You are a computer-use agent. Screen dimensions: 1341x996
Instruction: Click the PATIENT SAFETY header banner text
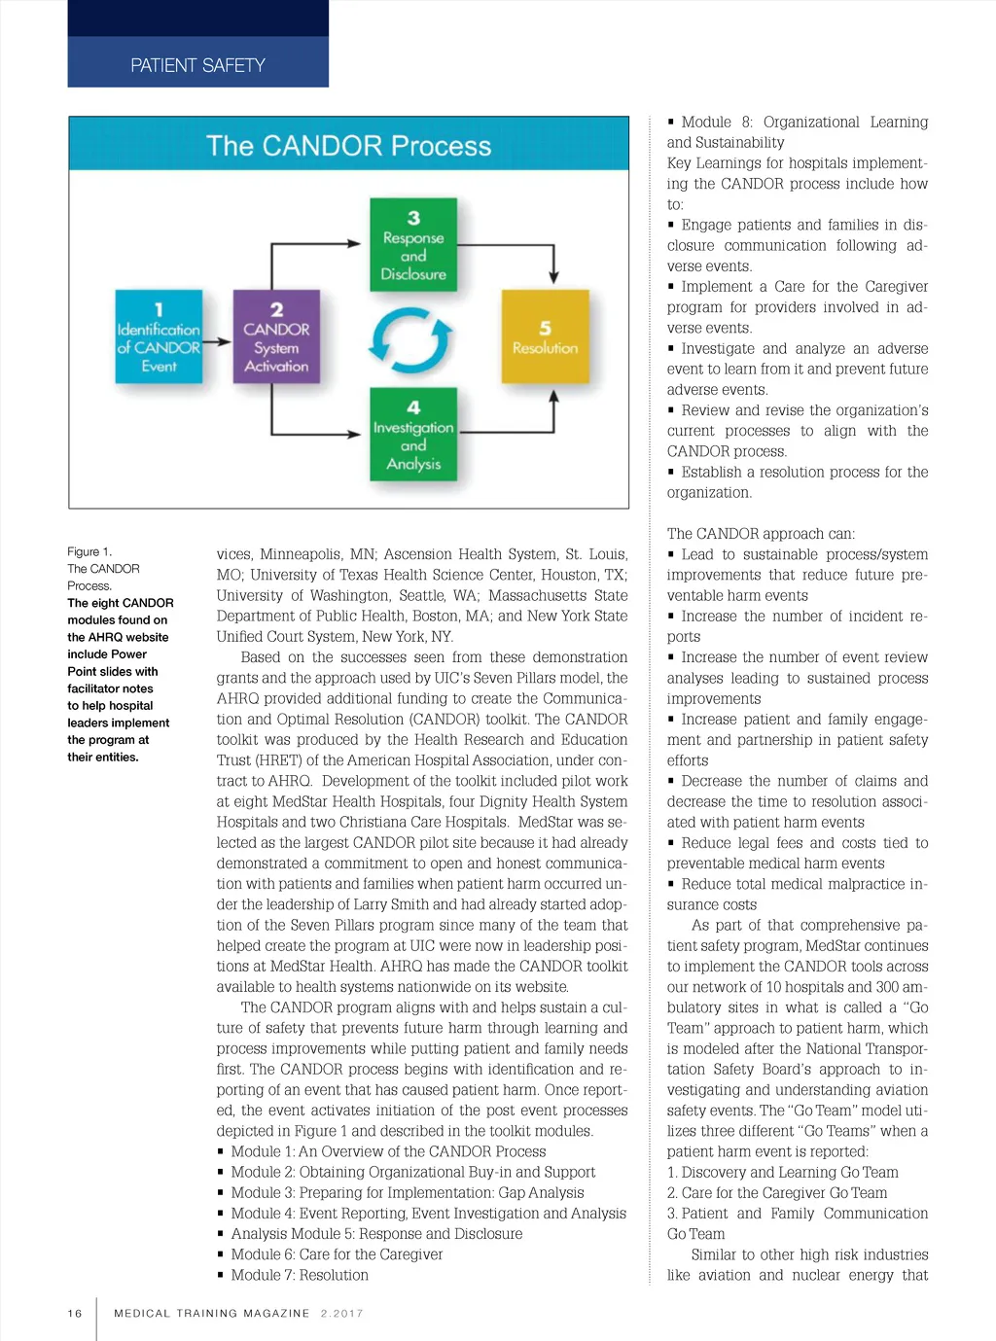197,65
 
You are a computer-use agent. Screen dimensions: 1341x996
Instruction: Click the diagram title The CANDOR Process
348,146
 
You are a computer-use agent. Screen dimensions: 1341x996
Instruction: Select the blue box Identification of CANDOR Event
159,336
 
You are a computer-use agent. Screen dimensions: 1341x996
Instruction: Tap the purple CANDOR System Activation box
276,336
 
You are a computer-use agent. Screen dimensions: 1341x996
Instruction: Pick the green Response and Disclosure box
413,245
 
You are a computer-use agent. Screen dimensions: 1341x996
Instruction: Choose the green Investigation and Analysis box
413,435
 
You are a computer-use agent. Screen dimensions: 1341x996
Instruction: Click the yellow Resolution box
545,336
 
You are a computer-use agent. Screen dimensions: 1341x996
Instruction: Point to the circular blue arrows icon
411,339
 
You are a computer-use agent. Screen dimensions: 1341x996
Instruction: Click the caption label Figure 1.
89,551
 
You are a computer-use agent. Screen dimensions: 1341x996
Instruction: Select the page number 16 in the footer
75,1313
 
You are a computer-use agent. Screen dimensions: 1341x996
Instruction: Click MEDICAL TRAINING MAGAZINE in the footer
211,1313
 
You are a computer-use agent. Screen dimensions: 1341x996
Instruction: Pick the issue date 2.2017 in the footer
341,1313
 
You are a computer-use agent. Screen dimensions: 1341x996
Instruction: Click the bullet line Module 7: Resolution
299,1275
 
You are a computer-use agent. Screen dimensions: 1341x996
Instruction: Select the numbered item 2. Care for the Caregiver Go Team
776,1192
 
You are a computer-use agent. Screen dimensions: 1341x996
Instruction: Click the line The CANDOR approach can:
761,533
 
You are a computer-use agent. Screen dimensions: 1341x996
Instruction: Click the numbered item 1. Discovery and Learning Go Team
782,1172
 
